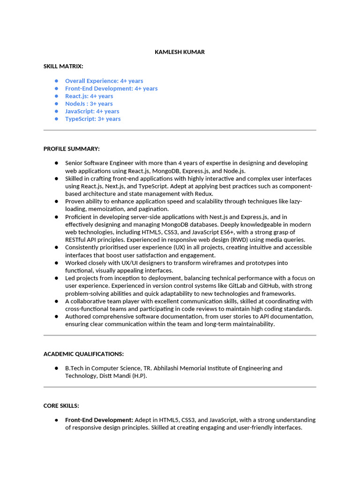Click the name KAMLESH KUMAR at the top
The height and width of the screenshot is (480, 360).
coord(180,52)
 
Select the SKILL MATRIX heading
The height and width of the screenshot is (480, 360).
coord(63,67)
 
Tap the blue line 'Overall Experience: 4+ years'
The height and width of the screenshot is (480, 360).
coord(104,81)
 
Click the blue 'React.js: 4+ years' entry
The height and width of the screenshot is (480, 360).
coord(89,96)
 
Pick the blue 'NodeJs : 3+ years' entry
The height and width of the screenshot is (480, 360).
coord(89,104)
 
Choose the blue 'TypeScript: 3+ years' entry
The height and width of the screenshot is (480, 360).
coord(93,119)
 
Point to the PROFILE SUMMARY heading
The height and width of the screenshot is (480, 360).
coord(71,149)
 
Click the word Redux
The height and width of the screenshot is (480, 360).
coord(204,194)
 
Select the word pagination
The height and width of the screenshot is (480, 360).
coord(153,209)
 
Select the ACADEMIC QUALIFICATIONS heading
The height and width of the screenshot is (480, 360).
coord(83,354)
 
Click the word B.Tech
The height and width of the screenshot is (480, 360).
coord(75,368)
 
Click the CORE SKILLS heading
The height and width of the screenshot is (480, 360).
coord(61,405)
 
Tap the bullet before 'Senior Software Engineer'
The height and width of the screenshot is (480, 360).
coord(56,163)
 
